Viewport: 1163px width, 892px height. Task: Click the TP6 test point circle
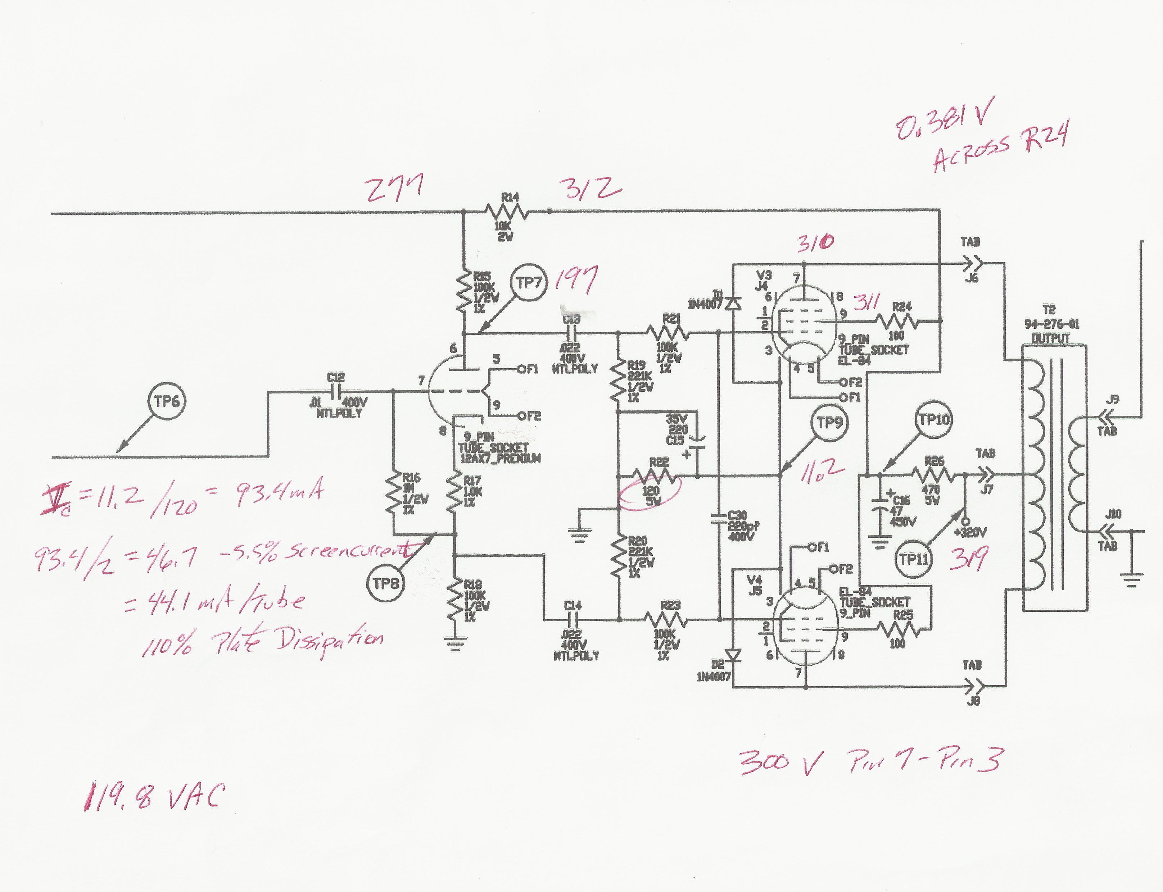pos(167,401)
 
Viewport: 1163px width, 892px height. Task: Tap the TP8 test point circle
pos(385,584)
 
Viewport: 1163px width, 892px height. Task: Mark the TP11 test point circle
pos(913,559)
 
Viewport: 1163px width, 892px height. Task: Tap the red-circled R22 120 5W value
pos(651,495)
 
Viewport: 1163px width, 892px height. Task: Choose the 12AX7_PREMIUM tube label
pos(500,458)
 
